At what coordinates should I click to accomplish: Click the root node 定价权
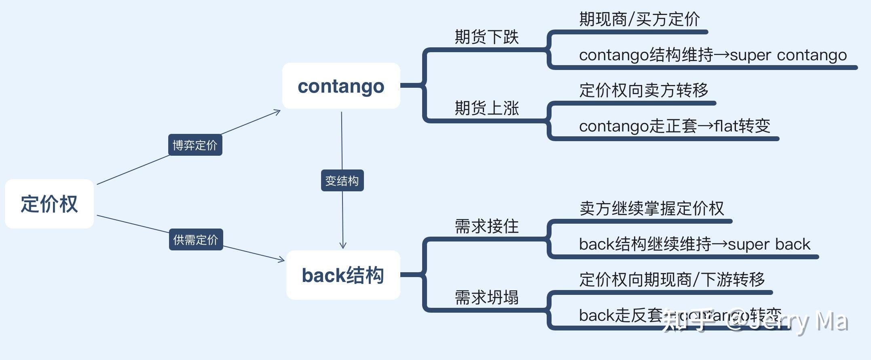coord(49,204)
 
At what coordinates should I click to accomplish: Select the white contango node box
coord(341,86)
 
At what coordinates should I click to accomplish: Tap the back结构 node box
coord(343,275)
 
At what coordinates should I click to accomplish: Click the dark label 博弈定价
coord(195,145)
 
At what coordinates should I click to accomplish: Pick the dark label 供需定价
coord(196,239)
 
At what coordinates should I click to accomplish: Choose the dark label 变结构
coord(342,180)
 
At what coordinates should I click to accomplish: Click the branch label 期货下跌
coord(486,37)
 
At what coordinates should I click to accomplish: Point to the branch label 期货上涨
coord(486,108)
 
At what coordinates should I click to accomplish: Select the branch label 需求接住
coord(486,226)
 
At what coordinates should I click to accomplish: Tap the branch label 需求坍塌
coord(486,297)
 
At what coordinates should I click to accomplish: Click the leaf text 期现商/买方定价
coord(639,19)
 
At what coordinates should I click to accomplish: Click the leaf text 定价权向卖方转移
coord(643,90)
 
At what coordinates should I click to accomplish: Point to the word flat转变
coord(742,126)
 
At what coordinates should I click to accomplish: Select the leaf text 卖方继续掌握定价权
coord(651,208)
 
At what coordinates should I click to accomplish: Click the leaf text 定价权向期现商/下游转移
coord(672,280)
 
